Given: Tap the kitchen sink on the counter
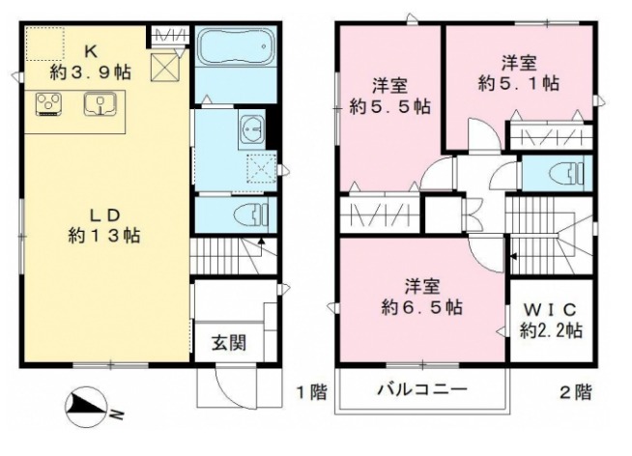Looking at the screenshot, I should [100, 102].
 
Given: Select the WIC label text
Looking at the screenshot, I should [550, 310].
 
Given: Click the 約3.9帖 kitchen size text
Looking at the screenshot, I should [93, 71].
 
